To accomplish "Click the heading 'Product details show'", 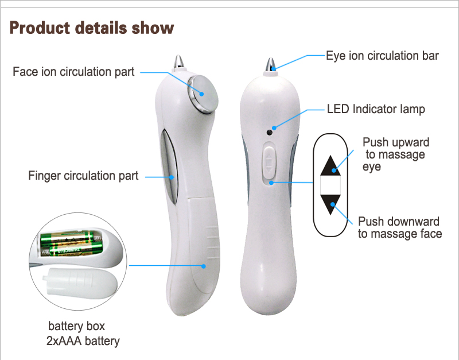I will pos(92,28).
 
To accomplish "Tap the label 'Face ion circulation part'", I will pos(73,72).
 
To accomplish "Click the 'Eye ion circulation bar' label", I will pos(382,56).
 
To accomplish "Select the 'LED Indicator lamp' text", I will pos(376,109).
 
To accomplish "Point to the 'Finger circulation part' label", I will pos(83,176).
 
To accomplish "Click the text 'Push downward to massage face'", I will pos(399,227).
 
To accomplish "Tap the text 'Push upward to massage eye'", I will pos(395,154).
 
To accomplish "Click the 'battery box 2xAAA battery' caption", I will pos(83,334).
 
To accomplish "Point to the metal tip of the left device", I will pos(179,60).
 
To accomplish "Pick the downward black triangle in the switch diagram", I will pos(330,204).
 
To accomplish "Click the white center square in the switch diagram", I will pos(330,185).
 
